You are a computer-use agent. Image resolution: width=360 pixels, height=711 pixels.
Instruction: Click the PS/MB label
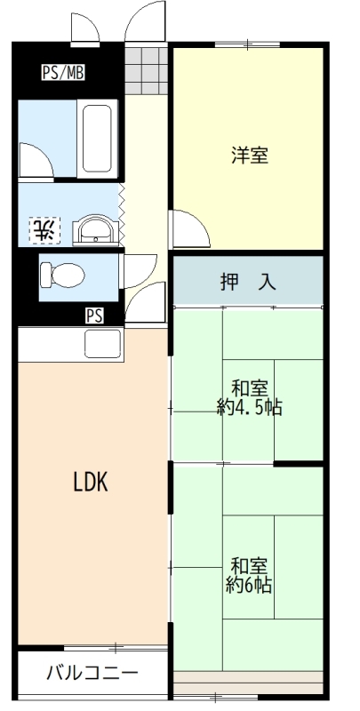(x=63, y=73)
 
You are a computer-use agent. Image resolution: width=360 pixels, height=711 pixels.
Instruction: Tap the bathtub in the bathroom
(x=97, y=139)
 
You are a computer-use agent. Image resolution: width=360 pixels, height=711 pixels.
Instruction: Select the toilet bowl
(x=62, y=276)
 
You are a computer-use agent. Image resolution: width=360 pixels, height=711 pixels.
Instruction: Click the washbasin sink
(x=96, y=230)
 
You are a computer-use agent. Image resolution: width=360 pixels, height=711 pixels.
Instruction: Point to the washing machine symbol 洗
(x=44, y=230)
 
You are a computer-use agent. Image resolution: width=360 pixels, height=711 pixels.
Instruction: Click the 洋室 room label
(x=250, y=155)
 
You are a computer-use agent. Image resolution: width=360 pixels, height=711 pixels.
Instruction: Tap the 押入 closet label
(x=248, y=282)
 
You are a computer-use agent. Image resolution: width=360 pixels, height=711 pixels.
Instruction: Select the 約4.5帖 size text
(x=250, y=408)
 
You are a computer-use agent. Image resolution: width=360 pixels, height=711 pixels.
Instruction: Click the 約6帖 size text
(x=249, y=586)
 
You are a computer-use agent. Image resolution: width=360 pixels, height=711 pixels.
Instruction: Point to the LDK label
(x=91, y=482)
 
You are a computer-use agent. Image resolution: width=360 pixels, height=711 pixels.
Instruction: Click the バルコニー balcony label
(x=92, y=673)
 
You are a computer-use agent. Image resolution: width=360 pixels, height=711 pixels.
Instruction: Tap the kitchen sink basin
(x=104, y=343)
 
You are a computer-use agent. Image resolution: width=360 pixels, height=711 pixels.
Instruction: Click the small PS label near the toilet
(x=94, y=316)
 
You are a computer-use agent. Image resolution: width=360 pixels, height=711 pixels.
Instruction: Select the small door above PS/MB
(x=85, y=28)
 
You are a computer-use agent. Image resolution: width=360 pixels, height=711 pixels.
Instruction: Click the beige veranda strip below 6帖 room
(x=248, y=683)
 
